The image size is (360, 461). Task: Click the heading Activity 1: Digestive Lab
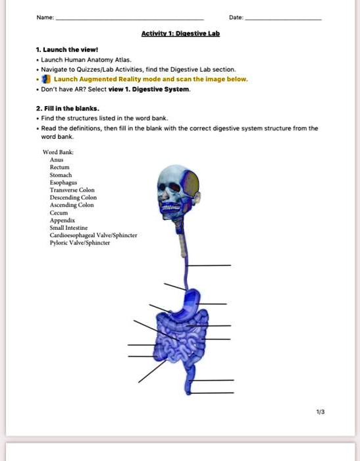click(180, 33)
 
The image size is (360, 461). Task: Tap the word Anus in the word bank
click(57, 159)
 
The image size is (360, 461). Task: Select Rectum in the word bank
click(60, 167)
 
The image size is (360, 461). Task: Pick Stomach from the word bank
click(61, 175)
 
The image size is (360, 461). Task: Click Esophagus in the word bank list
click(63, 182)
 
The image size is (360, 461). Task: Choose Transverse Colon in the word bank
click(72, 190)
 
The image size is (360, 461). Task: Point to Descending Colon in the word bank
click(73, 198)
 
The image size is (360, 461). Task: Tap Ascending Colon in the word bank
click(72, 205)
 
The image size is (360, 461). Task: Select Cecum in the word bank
click(59, 213)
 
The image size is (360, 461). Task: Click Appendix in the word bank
click(63, 220)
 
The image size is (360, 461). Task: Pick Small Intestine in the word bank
click(68, 228)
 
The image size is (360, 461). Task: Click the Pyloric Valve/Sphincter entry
click(80, 243)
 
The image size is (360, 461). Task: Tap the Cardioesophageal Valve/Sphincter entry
click(93, 235)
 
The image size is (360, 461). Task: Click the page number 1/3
click(321, 412)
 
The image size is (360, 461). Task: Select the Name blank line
click(130, 20)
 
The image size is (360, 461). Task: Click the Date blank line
click(283, 20)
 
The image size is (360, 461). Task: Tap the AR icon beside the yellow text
click(46, 79)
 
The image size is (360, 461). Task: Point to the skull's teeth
click(172, 208)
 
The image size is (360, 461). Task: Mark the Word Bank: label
click(58, 152)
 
